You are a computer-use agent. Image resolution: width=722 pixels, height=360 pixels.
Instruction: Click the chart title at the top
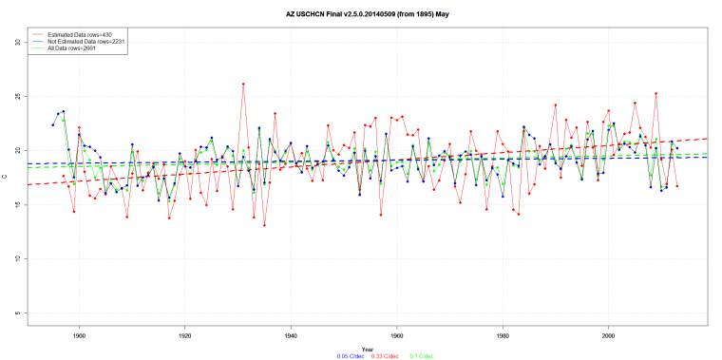(361, 15)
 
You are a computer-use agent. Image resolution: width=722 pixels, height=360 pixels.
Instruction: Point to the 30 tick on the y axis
(18, 43)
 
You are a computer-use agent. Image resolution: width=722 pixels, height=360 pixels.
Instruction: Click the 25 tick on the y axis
(18, 97)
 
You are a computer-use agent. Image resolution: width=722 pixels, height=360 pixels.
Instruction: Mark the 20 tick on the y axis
(18, 151)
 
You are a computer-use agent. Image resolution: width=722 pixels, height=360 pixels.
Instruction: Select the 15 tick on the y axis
(18, 205)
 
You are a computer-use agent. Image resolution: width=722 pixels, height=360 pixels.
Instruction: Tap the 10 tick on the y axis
(18, 259)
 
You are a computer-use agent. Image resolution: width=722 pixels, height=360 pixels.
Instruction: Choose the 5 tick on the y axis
(18, 313)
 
